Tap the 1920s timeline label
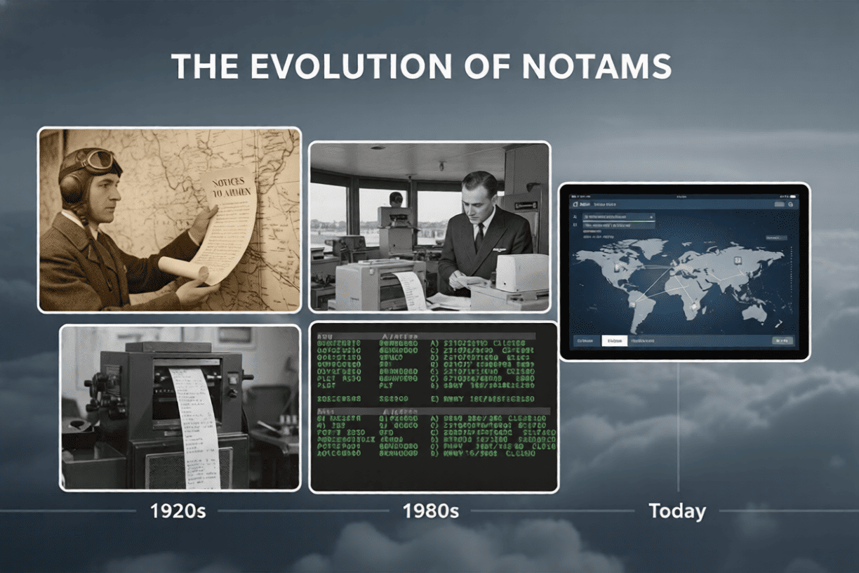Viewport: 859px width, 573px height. (178, 511)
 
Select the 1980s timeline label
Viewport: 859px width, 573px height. (431, 511)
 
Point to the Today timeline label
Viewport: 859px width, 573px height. (677, 511)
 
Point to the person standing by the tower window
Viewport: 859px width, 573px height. (397, 199)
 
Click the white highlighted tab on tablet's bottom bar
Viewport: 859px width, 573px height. (614, 341)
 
